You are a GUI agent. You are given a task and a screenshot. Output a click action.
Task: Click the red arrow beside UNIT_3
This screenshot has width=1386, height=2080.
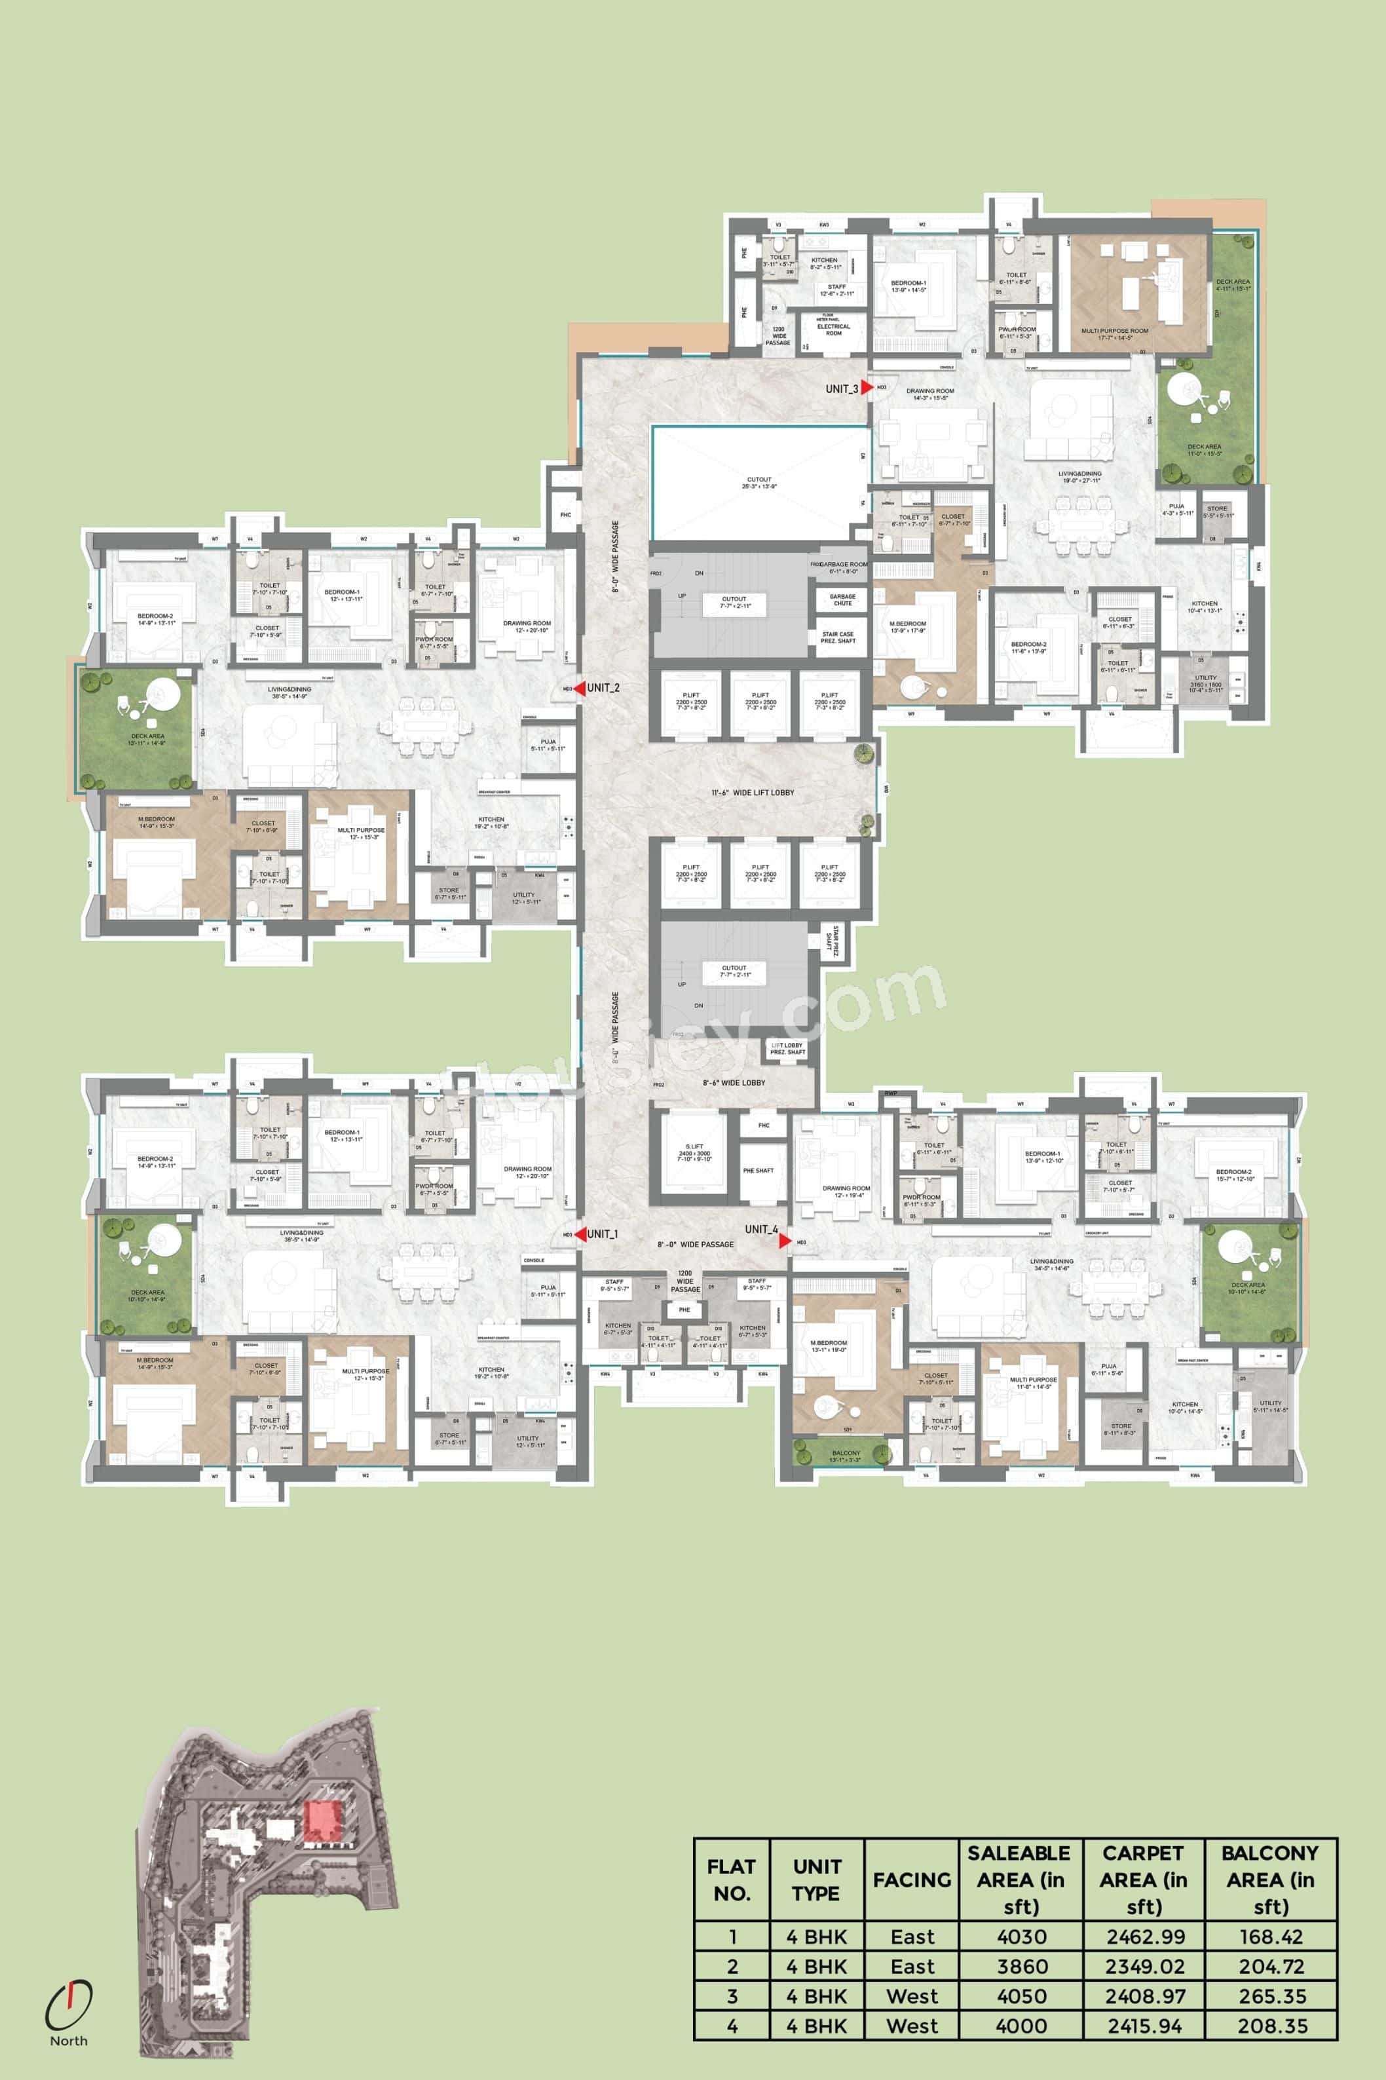[x=868, y=387]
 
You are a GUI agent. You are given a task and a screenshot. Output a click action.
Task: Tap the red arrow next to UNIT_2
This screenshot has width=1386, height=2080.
[x=579, y=688]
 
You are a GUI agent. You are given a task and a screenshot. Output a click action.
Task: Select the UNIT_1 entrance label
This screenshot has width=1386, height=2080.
[x=602, y=1234]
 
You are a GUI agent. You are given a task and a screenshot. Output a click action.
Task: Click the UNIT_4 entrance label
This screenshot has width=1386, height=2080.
[x=761, y=1229]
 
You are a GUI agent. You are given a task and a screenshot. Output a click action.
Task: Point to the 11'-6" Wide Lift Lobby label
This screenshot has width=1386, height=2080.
[x=752, y=793]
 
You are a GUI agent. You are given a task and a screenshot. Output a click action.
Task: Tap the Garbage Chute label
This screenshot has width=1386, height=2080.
[x=842, y=599]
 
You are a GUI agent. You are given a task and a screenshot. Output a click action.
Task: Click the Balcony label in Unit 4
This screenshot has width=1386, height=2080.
[x=846, y=1452]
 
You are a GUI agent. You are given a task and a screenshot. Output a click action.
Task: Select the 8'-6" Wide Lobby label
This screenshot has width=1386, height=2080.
[x=734, y=1083]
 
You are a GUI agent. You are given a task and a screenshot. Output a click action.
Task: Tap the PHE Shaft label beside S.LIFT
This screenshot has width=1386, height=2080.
[x=758, y=1171]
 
